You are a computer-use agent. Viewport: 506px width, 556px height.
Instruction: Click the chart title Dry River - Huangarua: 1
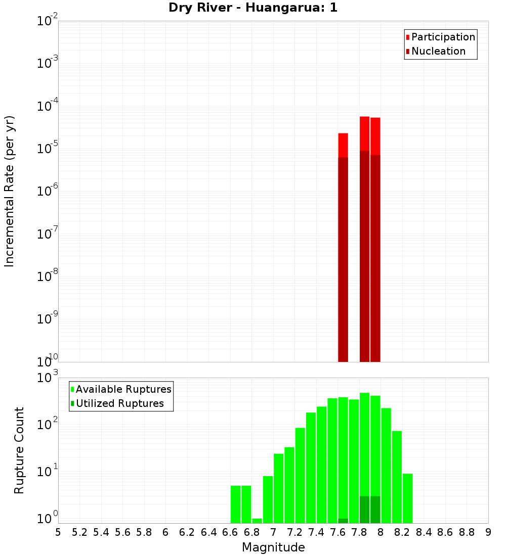tap(253, 8)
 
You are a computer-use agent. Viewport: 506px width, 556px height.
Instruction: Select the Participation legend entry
tap(443, 37)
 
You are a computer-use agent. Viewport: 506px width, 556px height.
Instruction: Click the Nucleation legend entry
tap(438, 52)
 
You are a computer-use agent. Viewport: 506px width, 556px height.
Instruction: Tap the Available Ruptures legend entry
tap(123, 390)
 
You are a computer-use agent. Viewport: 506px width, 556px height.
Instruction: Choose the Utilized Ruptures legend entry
tap(119, 404)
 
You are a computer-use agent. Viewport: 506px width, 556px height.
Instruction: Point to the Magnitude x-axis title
tap(273, 547)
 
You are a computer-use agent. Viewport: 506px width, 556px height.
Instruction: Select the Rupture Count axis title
tap(19, 450)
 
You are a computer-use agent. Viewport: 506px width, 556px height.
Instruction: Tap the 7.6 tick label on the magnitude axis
tap(338, 532)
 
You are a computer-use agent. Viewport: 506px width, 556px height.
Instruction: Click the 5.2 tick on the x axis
tap(79, 532)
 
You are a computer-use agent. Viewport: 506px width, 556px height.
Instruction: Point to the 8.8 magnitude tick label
tap(467, 532)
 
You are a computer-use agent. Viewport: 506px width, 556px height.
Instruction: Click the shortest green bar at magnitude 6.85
tap(257, 521)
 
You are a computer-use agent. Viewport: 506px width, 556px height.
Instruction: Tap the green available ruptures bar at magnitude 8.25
tap(407, 498)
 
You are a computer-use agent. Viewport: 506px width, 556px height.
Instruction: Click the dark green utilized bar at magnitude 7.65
tap(343, 521)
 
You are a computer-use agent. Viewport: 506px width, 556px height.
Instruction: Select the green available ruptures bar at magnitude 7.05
tap(278, 488)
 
